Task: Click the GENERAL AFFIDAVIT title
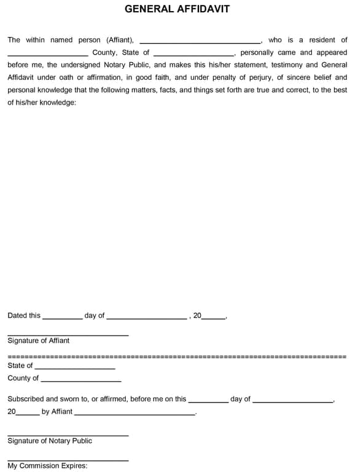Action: pyautogui.click(x=177, y=9)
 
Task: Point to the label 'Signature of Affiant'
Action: pyautogui.click(x=38, y=340)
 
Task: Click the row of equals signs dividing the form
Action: pyautogui.click(x=177, y=356)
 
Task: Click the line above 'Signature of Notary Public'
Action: pyautogui.click(x=68, y=436)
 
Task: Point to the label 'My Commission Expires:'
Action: pyautogui.click(x=47, y=466)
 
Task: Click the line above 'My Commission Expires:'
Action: pyautogui.click(x=68, y=460)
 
